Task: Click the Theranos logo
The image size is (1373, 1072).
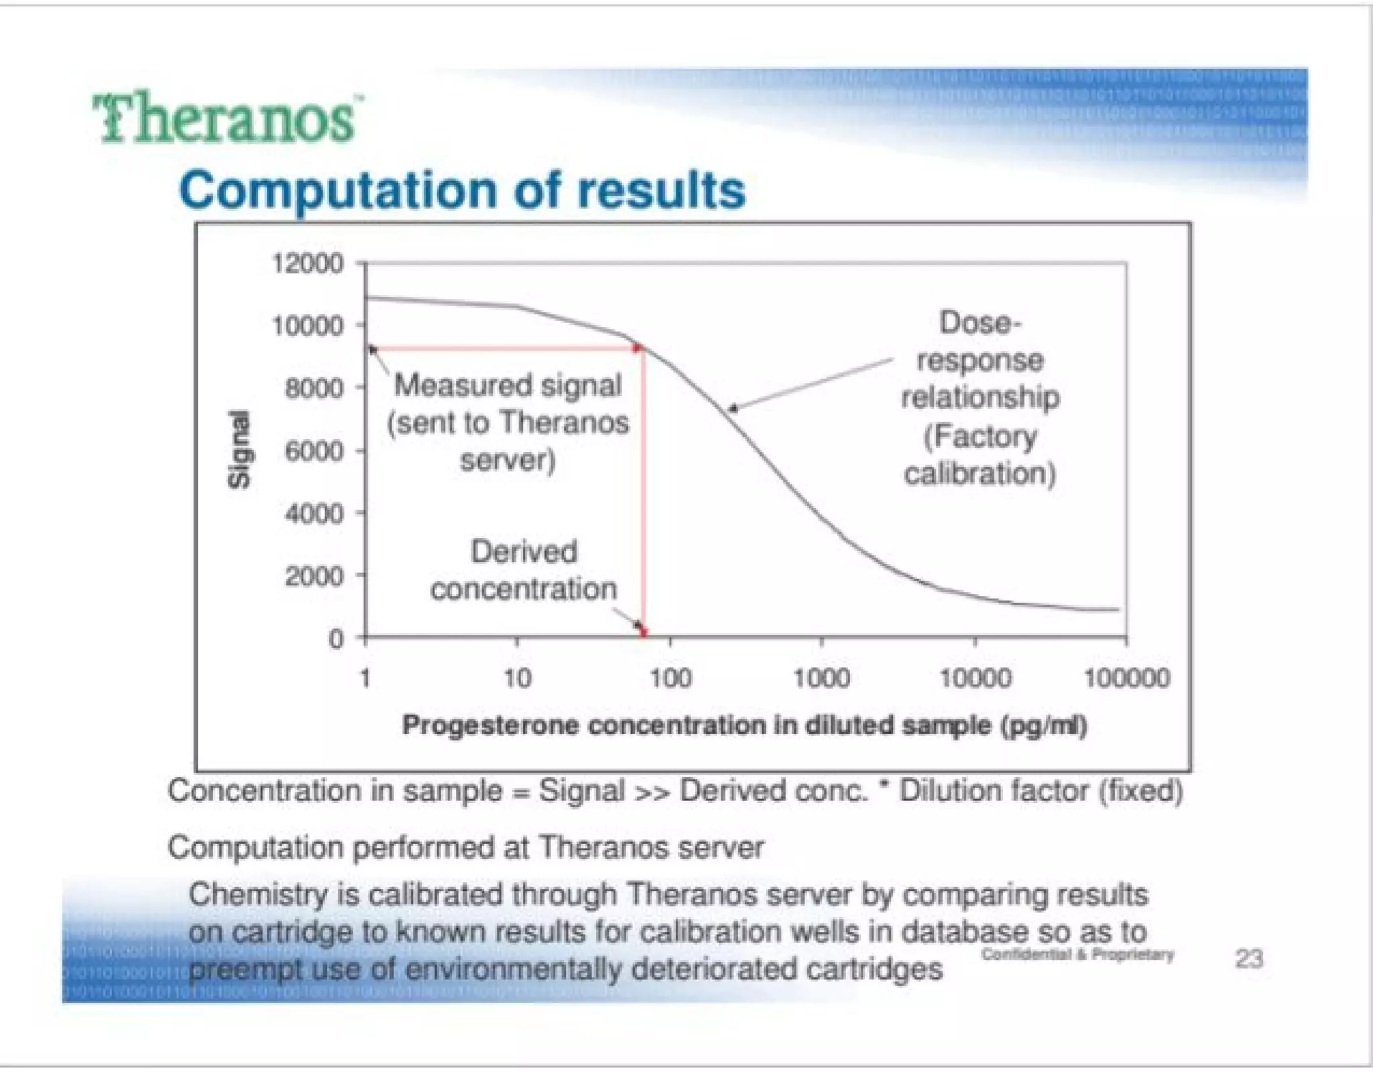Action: tap(225, 119)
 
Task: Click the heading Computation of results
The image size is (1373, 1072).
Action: tap(462, 190)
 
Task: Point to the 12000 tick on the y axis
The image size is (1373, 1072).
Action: tap(307, 263)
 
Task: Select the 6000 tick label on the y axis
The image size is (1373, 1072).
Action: tap(314, 451)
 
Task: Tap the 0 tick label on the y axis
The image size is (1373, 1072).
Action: tap(335, 639)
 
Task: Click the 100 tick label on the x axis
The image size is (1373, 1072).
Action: tap(670, 678)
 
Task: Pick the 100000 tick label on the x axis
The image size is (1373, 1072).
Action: tap(1127, 678)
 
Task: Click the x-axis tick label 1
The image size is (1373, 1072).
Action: tap(365, 678)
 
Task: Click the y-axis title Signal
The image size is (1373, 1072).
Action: tap(239, 449)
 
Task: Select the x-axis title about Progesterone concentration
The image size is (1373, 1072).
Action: tap(744, 725)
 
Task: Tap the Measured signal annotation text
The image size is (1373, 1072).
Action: tap(508, 422)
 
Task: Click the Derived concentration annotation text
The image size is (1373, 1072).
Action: tap(524, 570)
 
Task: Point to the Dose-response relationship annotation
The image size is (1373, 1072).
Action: tap(979, 398)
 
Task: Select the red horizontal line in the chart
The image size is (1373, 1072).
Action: tap(503, 348)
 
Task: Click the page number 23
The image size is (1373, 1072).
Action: tap(1249, 959)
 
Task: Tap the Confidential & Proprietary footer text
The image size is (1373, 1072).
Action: tap(1077, 954)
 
